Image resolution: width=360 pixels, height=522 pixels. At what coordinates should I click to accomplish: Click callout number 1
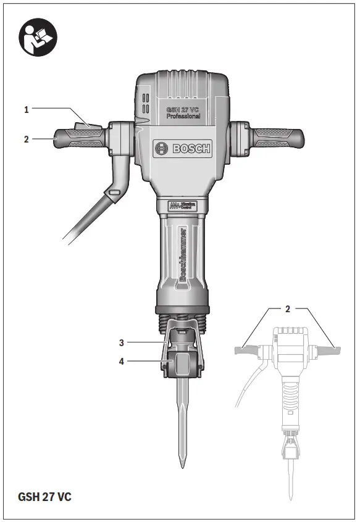[27, 110]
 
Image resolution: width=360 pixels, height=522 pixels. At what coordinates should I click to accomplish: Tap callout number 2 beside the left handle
[27, 139]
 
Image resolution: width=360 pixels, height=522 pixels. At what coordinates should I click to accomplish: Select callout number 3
[122, 341]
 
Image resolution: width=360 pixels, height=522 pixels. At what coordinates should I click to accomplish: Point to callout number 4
[122, 362]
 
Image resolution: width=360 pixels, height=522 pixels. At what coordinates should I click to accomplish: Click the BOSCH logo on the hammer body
[183, 148]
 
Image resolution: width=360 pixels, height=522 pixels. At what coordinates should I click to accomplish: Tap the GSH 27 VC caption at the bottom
[44, 497]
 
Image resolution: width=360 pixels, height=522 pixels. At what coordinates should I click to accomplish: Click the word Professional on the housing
[183, 116]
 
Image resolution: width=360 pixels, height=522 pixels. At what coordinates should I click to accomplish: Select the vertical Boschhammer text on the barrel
[183, 253]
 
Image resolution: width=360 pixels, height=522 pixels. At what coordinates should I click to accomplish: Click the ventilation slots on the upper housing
[146, 104]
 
